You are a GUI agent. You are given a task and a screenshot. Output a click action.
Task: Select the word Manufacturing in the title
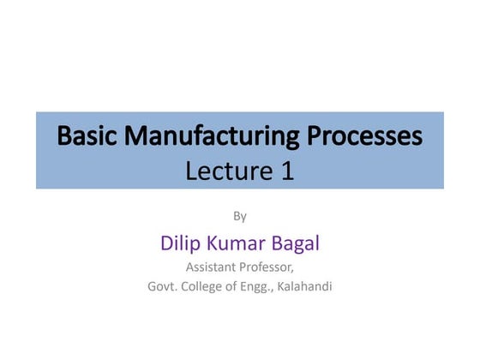pos(208,136)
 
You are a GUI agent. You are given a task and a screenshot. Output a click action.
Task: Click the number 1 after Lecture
pos(287,171)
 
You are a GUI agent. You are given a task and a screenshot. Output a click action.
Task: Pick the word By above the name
pos(240,216)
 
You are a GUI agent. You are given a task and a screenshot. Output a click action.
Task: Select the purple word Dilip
pos(180,243)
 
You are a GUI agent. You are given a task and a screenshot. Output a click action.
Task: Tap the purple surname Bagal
pos(297,243)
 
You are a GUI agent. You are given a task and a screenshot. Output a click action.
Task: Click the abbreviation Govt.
pos(163,287)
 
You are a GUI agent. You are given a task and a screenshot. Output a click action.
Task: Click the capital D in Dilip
pos(167,243)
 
